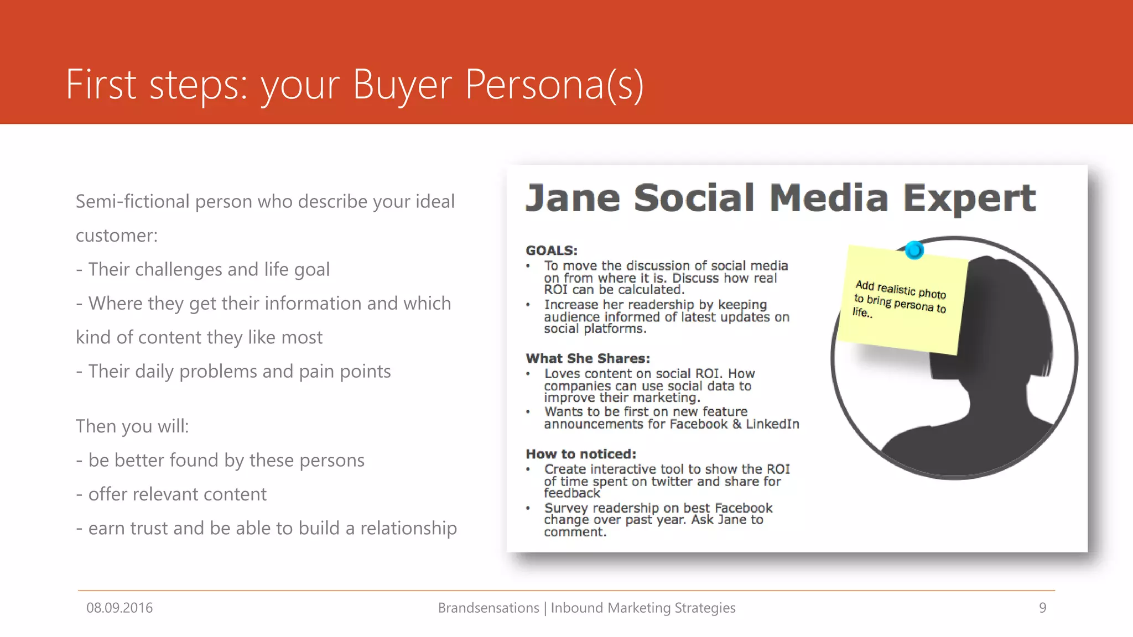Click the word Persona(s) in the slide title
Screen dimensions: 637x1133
[x=554, y=85]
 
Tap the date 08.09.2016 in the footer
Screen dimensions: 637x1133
[x=119, y=608]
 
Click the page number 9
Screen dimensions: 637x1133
[x=1042, y=608]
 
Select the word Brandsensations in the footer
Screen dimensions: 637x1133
[x=488, y=608]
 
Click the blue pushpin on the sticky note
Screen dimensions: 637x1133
[x=914, y=250]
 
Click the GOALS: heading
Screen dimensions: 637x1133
[x=551, y=250]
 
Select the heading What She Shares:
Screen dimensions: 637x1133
[x=588, y=358]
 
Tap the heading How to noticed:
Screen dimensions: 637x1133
[x=581, y=454]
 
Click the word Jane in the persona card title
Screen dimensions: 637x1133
[x=573, y=198]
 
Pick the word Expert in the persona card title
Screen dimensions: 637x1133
[x=969, y=198]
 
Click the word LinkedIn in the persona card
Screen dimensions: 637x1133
[x=772, y=424]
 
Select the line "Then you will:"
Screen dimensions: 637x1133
[x=132, y=426]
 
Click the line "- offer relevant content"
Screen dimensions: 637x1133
[x=171, y=494]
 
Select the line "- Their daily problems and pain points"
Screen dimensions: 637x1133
[x=233, y=372]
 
